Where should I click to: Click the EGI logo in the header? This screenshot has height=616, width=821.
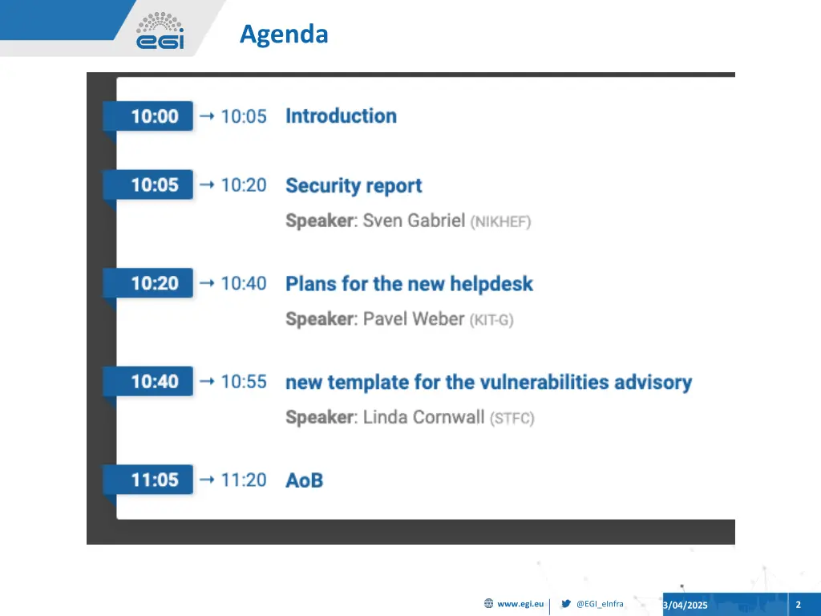[x=160, y=31]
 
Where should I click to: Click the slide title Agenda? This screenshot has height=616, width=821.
[x=284, y=34]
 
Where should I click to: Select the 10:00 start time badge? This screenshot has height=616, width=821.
[x=154, y=116]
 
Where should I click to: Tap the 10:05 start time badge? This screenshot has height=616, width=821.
[x=154, y=185]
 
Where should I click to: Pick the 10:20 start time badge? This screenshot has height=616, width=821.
[x=154, y=283]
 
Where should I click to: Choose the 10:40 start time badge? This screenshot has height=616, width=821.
[x=154, y=382]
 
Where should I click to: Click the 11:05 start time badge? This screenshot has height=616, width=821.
[x=154, y=480]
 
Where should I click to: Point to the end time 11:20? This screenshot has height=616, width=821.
[x=243, y=480]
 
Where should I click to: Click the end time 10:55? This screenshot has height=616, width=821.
[x=243, y=382]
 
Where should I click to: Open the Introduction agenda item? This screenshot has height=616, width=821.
[x=341, y=116]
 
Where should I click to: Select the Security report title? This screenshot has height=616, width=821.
[x=354, y=186]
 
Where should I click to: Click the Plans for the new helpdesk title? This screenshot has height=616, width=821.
[x=409, y=284]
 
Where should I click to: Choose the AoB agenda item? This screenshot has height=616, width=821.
[x=304, y=480]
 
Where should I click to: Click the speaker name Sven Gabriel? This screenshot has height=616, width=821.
[x=414, y=221]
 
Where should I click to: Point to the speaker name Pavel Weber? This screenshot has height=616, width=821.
[x=414, y=319]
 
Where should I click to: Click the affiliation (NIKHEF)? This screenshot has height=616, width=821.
[x=500, y=221]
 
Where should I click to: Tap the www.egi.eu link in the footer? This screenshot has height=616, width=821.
[x=520, y=604]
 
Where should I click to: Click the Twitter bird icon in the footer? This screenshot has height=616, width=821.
[x=566, y=604]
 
